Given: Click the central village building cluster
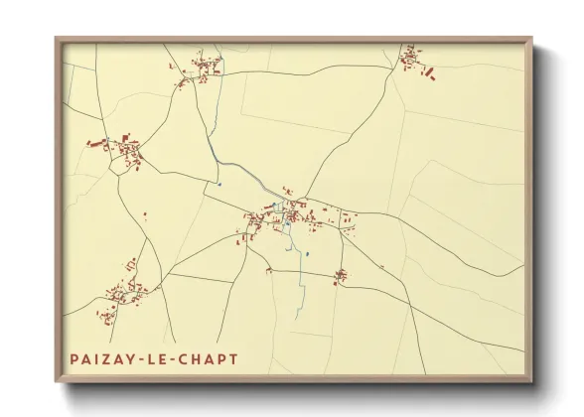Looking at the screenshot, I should pos(287,216).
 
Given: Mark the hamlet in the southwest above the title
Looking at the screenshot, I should pos(122,293).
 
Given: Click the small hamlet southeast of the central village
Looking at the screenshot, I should pos(341,275).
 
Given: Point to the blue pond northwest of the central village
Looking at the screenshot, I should pos(219,183).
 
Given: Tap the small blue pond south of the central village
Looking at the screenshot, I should pos(309,254).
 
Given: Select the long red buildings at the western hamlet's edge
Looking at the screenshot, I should pos(96,144).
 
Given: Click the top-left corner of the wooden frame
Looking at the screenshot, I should pos(57,40).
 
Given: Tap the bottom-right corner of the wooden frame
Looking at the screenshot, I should pos(531,382).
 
